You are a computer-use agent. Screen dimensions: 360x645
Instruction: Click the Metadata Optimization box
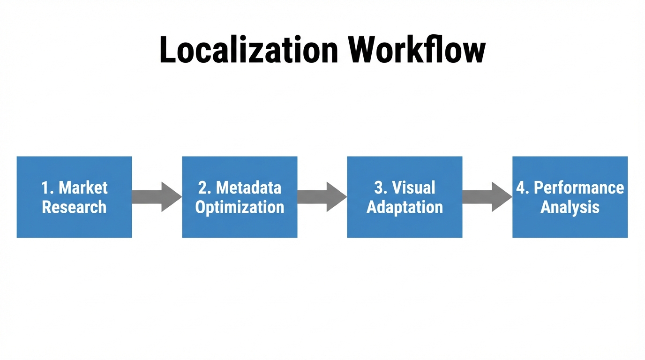pyautogui.click(x=240, y=223)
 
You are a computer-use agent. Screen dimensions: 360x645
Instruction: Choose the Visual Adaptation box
pyautogui.click(x=405, y=223)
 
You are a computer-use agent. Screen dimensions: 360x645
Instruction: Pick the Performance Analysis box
pyautogui.click(x=570, y=223)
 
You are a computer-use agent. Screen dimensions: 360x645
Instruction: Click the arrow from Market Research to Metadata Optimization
pyautogui.click(x=157, y=197)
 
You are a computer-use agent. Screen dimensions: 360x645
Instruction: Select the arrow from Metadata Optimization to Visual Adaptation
pyautogui.click(x=322, y=197)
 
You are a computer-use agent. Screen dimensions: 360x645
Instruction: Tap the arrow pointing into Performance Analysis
pyautogui.click(x=487, y=197)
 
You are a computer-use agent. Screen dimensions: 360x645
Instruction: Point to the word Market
pyautogui.click(x=83, y=188)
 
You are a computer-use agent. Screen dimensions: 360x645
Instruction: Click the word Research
pyautogui.click(x=74, y=207)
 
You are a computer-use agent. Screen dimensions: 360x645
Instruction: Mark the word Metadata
pyautogui.click(x=248, y=188)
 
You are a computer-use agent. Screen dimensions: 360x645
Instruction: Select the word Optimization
pyautogui.click(x=240, y=207)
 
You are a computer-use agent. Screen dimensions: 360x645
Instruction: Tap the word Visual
pyautogui.click(x=413, y=188)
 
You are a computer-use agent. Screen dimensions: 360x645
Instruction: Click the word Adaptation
pyautogui.click(x=405, y=207)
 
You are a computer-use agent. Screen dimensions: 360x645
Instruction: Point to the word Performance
pyautogui.click(x=579, y=188)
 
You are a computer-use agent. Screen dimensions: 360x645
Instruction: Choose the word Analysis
pyautogui.click(x=570, y=207)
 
